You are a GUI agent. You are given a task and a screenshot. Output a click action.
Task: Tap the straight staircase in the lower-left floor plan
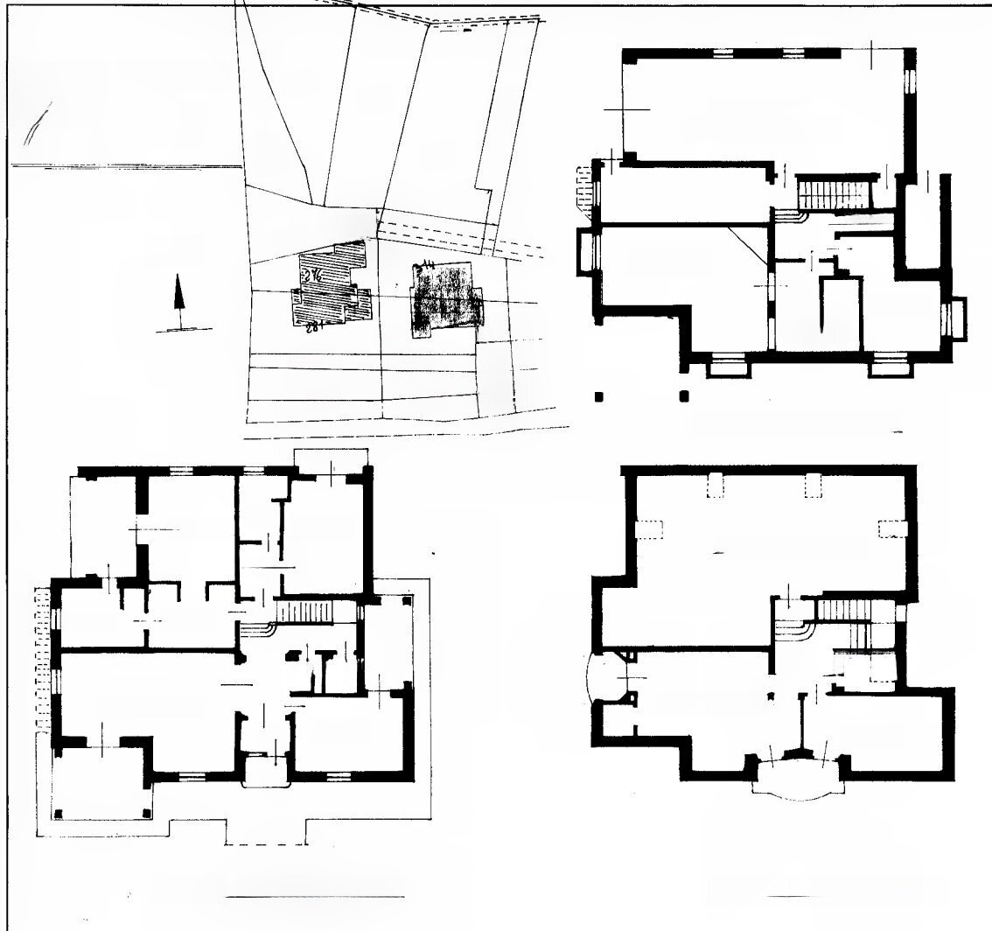coord(306,611)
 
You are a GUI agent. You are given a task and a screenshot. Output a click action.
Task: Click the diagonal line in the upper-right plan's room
coord(748,244)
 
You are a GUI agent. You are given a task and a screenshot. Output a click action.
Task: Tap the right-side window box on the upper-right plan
coord(960,319)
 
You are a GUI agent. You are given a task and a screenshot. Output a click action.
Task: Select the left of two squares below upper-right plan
coord(599,396)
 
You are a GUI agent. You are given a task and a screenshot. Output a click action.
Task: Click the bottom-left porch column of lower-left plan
coord(59,813)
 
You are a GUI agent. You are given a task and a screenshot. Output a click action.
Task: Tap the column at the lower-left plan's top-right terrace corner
coord(406,599)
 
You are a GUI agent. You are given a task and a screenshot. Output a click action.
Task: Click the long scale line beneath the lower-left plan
coord(315,897)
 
